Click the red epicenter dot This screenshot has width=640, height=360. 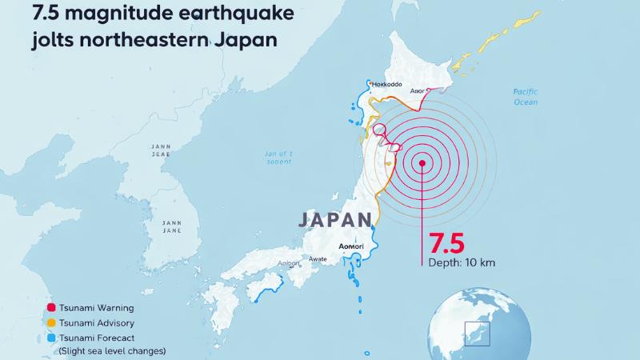click(x=422, y=163)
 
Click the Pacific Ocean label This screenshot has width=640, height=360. click(x=526, y=97)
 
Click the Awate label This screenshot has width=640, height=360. click(x=318, y=258)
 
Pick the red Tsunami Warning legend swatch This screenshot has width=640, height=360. click(x=52, y=308)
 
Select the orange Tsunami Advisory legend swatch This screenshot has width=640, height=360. click(x=52, y=322)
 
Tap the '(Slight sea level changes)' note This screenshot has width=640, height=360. click(x=112, y=351)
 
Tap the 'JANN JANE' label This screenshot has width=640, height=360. click(x=171, y=226)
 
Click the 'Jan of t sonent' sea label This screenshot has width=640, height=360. click(x=279, y=157)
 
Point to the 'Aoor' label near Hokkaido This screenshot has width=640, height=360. click(x=418, y=92)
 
